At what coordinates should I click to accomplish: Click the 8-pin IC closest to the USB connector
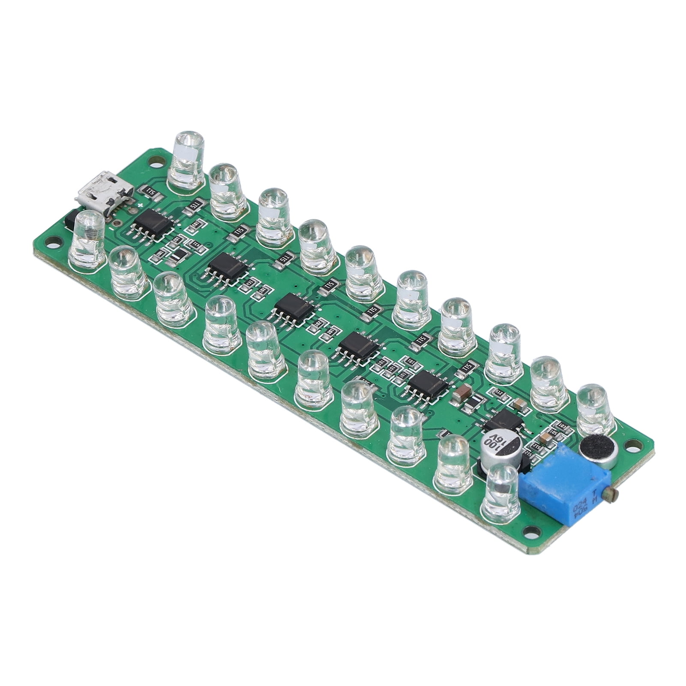click(x=153, y=224)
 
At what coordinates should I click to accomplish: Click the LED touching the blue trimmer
click(x=502, y=490)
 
